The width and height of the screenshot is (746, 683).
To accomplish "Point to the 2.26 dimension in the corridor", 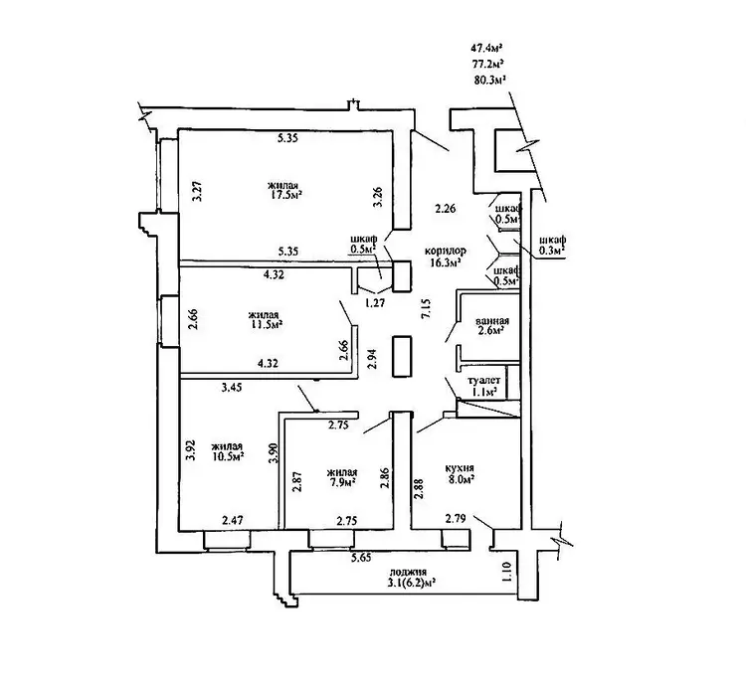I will tap(445, 209).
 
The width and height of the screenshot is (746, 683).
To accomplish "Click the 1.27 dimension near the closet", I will tap(373, 303).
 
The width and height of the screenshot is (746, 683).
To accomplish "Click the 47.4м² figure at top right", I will tap(486, 46).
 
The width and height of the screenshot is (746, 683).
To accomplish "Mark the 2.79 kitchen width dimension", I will tap(457, 519).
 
